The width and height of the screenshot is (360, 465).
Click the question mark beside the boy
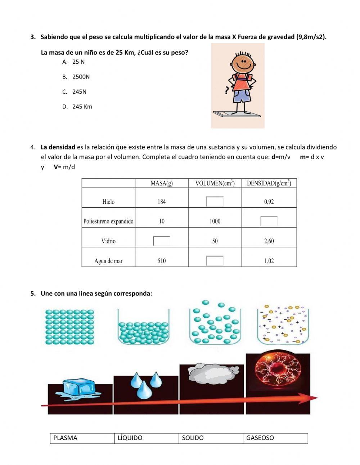pyautogui.click(x=226, y=90)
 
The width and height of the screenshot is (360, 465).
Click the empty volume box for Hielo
pyautogui.click(x=215, y=201)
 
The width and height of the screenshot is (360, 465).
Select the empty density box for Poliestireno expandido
pyautogui.click(x=269, y=221)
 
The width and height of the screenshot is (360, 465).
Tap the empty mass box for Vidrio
pyautogui.click(x=162, y=241)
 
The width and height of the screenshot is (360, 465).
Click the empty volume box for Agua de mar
pyautogui.click(x=215, y=261)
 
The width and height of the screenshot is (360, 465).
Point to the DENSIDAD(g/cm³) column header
pyautogui.click(x=269, y=183)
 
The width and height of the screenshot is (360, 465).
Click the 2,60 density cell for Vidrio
pyautogui.click(x=269, y=241)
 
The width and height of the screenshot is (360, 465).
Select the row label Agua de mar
pyautogui.click(x=108, y=261)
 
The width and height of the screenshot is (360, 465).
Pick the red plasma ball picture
pyautogui.click(x=278, y=369)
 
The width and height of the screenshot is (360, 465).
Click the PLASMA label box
pyautogui.click(x=82, y=438)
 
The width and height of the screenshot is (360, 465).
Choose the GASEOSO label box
pyautogui.click(x=275, y=438)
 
